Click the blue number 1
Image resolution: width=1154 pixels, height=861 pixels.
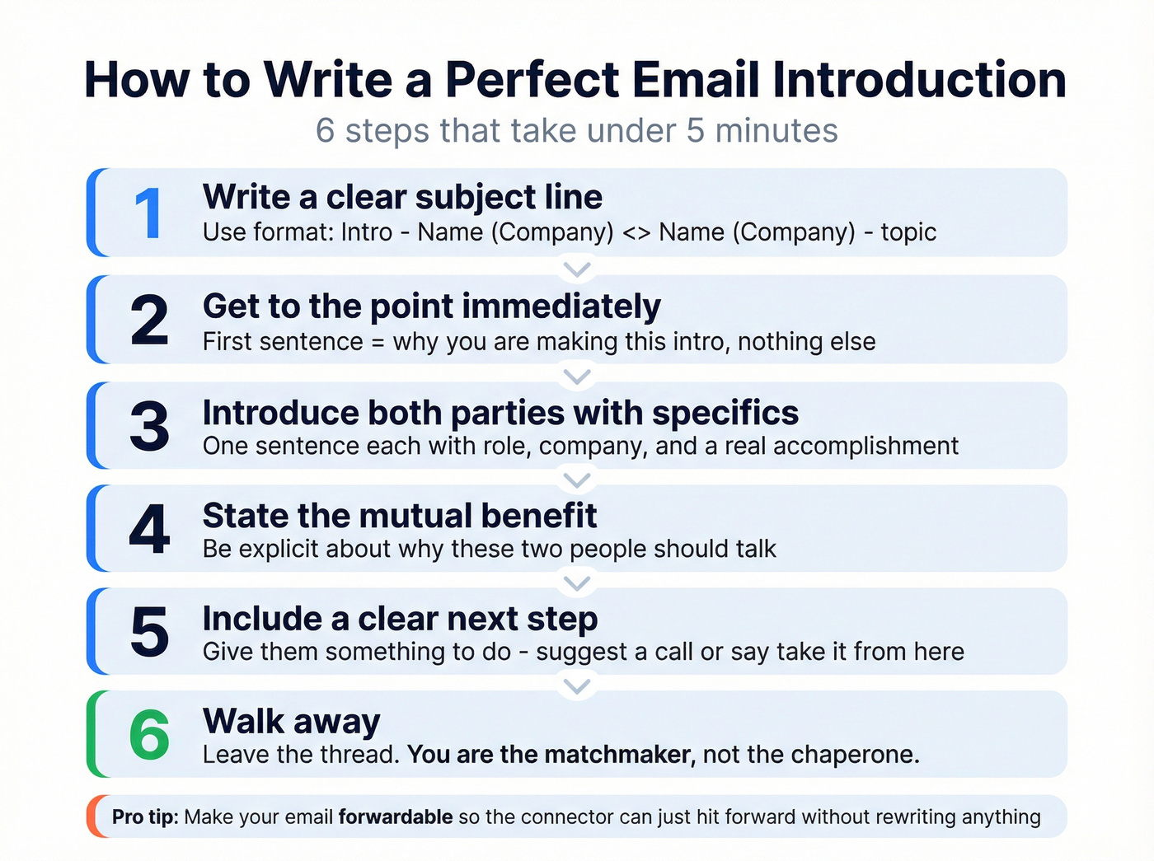point(148,213)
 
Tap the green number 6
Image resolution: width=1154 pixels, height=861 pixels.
point(149,735)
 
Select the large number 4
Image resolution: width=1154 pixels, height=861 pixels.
point(149,529)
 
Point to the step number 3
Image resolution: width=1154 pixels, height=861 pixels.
point(149,426)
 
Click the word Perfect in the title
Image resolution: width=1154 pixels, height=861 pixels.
point(532,80)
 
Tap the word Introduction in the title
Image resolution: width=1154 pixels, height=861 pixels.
point(919,80)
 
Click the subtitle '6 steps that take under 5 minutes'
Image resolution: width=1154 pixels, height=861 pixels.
point(577,131)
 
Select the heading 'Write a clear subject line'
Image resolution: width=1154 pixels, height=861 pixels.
point(402,197)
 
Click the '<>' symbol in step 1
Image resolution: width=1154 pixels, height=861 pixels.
point(636,232)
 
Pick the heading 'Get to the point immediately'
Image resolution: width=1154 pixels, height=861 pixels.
point(431,306)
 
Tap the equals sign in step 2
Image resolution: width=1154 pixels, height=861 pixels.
point(378,342)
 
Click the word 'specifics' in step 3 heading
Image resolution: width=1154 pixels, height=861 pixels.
point(725,413)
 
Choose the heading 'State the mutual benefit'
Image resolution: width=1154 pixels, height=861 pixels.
point(400,516)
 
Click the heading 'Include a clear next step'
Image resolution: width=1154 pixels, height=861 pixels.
point(400,619)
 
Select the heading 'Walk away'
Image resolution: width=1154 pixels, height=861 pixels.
point(292,722)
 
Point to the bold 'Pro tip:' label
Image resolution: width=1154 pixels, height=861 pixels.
point(145,817)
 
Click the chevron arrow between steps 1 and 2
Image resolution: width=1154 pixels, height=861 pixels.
point(577,269)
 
